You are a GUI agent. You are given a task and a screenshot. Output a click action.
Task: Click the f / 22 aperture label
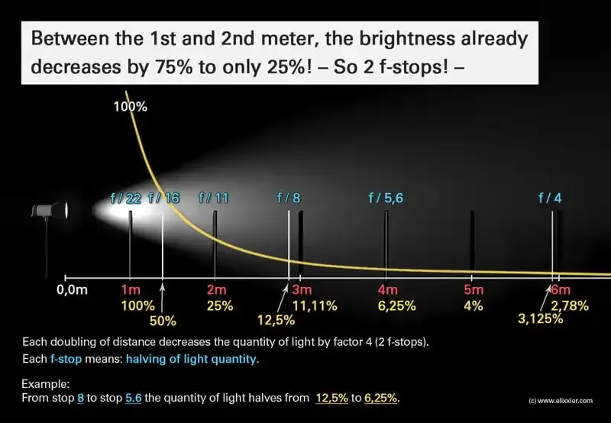pyautogui.click(x=125, y=199)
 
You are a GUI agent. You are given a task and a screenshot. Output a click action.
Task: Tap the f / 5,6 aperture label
pyautogui.click(x=386, y=199)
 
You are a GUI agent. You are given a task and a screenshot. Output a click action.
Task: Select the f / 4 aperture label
pyautogui.click(x=550, y=199)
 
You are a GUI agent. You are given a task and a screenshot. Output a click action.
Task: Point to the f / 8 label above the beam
pyautogui.click(x=289, y=199)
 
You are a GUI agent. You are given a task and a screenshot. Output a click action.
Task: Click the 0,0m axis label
pyautogui.click(x=72, y=290)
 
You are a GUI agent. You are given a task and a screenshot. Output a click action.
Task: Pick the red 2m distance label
pyautogui.click(x=216, y=290)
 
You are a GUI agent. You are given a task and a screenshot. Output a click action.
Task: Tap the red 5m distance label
pyautogui.click(x=474, y=290)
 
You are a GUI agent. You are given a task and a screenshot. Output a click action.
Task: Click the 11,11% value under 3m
pyautogui.click(x=315, y=305)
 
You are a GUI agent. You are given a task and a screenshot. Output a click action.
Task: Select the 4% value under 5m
pyautogui.click(x=473, y=305)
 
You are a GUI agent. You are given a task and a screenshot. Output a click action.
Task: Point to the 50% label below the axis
pyautogui.click(x=163, y=321)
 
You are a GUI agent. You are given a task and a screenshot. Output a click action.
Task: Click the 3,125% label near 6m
pyautogui.click(x=541, y=319)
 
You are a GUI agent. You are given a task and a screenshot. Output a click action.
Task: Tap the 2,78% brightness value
pyautogui.click(x=569, y=305)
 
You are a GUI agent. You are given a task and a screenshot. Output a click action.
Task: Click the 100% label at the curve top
pyautogui.click(x=131, y=107)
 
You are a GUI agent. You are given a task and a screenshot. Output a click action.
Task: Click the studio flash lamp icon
pyautogui.click(x=50, y=211)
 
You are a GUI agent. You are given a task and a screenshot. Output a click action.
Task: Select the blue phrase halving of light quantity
pyautogui.click(x=192, y=359)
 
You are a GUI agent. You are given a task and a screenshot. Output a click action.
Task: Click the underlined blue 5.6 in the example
pyautogui.click(x=133, y=398)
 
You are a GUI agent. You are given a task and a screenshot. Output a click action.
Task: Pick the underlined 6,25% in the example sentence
pyautogui.click(x=380, y=398)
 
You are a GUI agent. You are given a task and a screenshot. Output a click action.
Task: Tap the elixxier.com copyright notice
pyautogui.click(x=561, y=400)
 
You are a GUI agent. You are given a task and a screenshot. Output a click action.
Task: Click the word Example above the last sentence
pyautogui.click(x=45, y=384)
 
